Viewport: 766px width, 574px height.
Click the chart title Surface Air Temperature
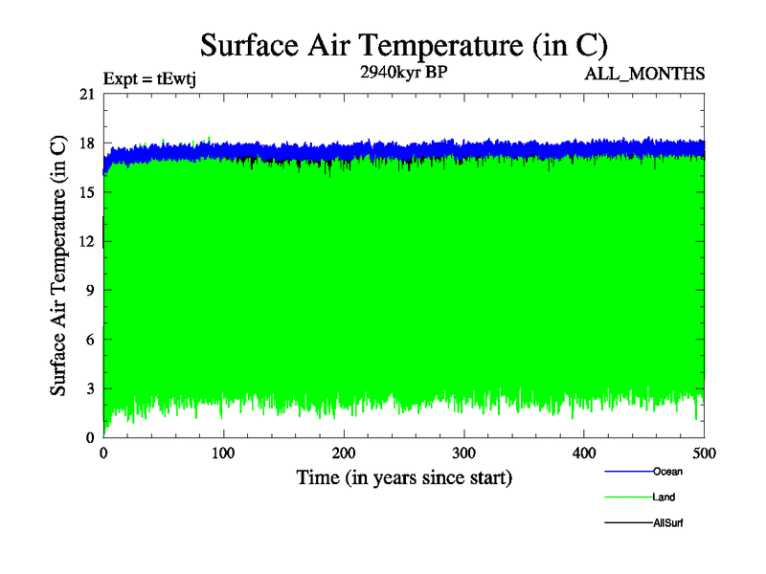coord(403,45)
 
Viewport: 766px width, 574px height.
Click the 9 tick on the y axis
coord(90,290)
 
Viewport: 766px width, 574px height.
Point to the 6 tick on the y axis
coord(90,339)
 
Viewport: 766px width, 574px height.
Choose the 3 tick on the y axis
coord(90,388)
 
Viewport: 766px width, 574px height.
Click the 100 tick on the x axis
coord(223,453)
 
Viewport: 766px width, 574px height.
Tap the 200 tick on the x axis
coord(344,453)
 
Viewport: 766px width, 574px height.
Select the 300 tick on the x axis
coord(464,453)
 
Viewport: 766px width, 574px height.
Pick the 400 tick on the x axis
coord(584,453)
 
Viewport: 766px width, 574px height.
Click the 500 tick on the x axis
coord(704,453)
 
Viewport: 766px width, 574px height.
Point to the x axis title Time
coord(403,476)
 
